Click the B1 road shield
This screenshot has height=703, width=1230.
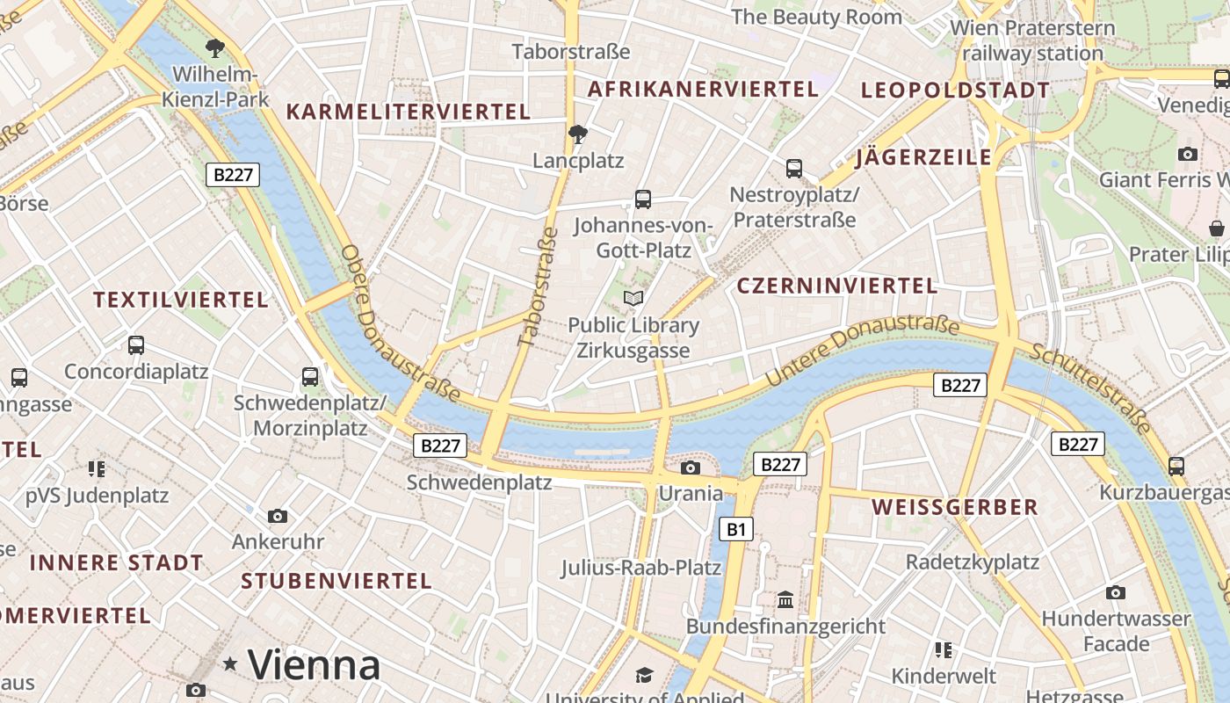point(736,529)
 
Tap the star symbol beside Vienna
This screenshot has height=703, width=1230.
point(230,664)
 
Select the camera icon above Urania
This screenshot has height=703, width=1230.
point(691,467)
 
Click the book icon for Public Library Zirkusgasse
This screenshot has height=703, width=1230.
point(633,299)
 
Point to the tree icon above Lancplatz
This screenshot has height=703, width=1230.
point(577,134)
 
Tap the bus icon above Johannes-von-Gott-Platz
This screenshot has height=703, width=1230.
point(643,199)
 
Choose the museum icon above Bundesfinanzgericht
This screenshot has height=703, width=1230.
point(785,600)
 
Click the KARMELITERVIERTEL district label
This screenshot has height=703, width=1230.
point(409,112)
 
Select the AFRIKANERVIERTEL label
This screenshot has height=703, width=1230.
point(703,89)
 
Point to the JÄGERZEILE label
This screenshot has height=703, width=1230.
point(923,158)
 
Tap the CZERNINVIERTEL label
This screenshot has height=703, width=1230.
point(837,286)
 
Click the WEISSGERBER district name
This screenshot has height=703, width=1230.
point(955,507)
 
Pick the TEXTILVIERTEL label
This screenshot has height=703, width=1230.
point(181,300)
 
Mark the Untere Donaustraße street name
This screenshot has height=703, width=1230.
point(863,350)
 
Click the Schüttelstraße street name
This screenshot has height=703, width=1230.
point(1092,388)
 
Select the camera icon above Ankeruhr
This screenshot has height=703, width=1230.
point(278,516)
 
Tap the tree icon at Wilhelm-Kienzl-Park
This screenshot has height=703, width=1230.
point(215,47)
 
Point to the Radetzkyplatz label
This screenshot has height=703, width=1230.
point(973,562)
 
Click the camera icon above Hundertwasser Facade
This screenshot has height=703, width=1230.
point(1116,592)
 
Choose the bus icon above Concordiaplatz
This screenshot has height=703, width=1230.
point(136,345)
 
